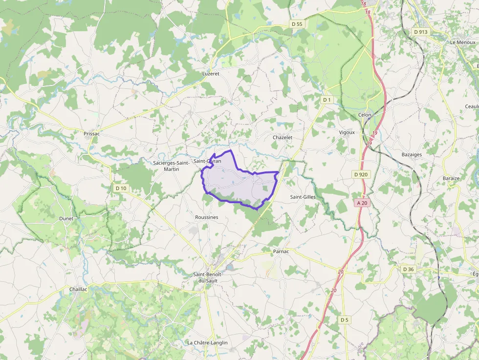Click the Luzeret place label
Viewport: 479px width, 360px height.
pos(211,74)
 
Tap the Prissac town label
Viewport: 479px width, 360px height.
pos(91,133)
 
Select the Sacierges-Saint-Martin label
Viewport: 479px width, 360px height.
pos(171,166)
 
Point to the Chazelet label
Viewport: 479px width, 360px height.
pos(283,138)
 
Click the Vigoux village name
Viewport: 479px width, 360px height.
pos(347,132)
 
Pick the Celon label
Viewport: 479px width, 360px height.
pos(365,115)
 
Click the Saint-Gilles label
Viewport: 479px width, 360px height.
pos(303,197)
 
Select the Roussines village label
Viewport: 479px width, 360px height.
pos(206,217)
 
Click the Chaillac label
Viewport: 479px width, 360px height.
pos(78,289)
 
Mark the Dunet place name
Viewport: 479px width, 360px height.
pos(66,218)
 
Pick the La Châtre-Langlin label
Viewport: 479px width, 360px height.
pos(207,343)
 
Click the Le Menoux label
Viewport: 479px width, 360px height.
pos(462,42)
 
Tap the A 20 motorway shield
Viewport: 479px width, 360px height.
pos(362,203)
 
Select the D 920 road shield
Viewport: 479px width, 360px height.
pos(361,174)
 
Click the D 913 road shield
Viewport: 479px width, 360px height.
pos(420,32)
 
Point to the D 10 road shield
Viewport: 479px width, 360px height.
pos(121,188)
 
